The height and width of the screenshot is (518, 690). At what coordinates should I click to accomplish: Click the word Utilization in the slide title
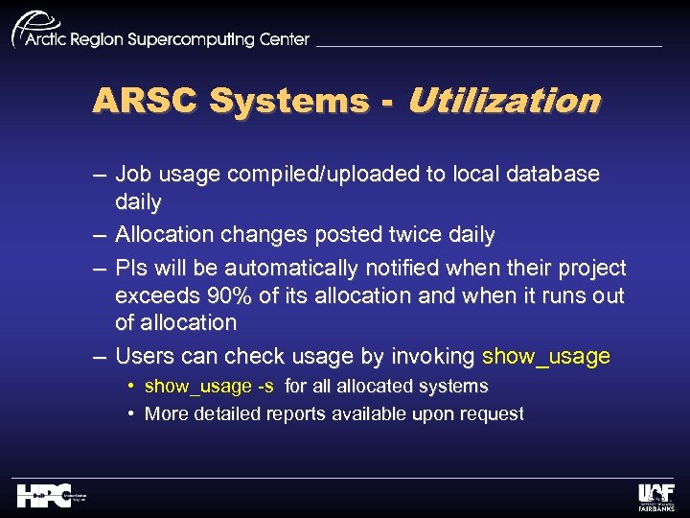504,101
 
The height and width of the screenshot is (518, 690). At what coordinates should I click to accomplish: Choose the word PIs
132,268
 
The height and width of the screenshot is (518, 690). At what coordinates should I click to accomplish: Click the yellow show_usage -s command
209,387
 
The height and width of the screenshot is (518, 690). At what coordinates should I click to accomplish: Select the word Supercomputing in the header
195,39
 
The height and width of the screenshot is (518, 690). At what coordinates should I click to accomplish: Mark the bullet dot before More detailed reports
130,414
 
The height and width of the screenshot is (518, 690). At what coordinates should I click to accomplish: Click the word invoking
432,357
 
